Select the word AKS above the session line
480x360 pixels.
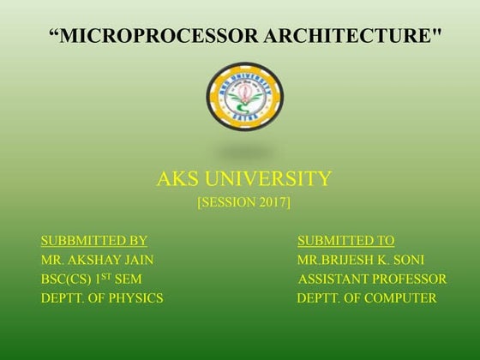coord(177,179)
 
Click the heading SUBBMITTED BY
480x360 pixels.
coord(94,241)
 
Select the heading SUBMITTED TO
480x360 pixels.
coord(345,241)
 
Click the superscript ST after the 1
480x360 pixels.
coord(107,276)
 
